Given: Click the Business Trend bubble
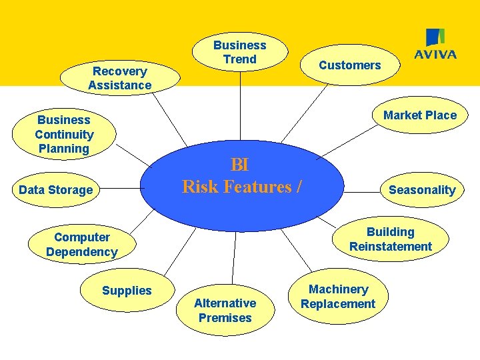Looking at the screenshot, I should tap(239, 53).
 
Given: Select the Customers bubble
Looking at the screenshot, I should tap(349, 65).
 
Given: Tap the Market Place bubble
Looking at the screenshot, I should tap(419, 115).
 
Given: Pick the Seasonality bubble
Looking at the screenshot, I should tap(421, 190).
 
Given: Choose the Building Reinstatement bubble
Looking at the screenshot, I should tap(390, 239).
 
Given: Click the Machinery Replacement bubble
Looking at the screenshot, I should tap(338, 297).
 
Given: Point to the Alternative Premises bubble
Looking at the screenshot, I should tap(225, 311).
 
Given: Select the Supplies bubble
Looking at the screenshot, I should tap(127, 291).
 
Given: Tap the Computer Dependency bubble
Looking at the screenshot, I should tap(81, 245).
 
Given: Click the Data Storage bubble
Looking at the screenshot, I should tap(56, 190).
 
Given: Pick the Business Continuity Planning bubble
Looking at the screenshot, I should tap(64, 134).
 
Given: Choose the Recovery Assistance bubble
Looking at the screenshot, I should tap(120, 78).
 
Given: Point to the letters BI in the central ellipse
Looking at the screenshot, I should tap(239, 165).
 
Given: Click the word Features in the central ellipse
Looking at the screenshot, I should tap(256, 187).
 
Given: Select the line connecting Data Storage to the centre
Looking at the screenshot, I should tap(120, 189).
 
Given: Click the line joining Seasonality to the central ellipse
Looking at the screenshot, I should tap(360, 190).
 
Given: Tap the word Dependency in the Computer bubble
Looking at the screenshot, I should tap(81, 252).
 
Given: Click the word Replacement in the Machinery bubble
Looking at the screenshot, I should tap(338, 304).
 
